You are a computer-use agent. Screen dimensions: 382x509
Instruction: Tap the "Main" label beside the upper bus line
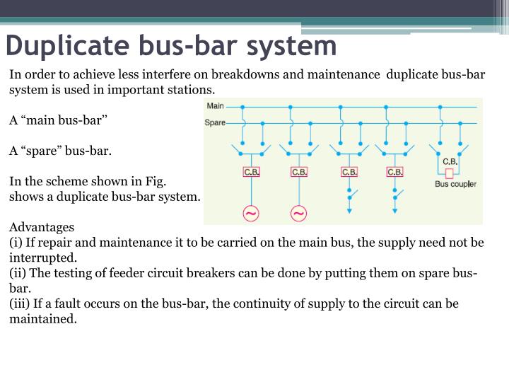214,107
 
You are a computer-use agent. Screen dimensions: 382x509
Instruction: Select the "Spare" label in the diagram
216,122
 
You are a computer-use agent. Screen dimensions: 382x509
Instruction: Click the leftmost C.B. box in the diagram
252,172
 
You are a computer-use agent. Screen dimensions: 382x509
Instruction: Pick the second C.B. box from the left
299,172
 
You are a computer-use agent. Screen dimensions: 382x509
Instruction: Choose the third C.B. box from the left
349,172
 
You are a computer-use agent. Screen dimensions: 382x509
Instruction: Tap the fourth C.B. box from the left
395,172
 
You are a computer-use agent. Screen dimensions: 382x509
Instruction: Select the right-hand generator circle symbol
299,214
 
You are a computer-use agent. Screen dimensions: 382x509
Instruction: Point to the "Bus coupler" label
455,184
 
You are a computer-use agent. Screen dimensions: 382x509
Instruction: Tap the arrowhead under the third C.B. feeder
349,210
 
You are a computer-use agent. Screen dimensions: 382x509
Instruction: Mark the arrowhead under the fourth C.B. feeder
395,210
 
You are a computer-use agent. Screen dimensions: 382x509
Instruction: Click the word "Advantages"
42,228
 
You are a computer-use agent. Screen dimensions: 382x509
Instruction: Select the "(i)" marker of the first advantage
16,243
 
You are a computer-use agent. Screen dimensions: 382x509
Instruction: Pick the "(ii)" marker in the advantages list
18,274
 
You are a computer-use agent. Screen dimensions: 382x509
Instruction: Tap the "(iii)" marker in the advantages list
20,303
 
